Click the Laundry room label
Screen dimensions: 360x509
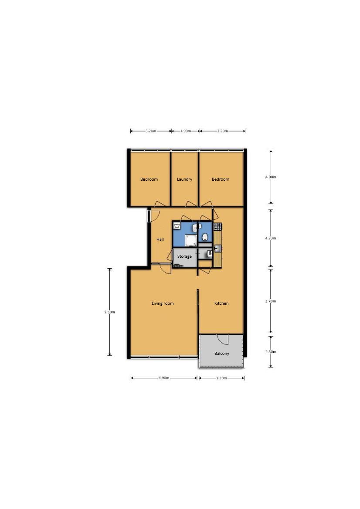[x=184, y=179]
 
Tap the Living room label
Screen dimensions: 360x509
[x=163, y=303]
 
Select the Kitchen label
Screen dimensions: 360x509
[x=221, y=303]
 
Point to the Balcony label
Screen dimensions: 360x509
[x=221, y=354]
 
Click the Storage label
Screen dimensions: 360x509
[x=184, y=256]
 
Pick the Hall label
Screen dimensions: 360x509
[x=160, y=239]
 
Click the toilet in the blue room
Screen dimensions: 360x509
[x=205, y=237]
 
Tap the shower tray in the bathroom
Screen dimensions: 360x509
[x=191, y=240]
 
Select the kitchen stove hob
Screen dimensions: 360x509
[x=217, y=226]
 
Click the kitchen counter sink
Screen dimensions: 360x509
[x=217, y=249]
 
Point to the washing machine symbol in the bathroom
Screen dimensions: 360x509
[x=177, y=225]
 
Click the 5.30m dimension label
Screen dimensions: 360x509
[x=109, y=312]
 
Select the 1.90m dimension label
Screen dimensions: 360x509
[x=185, y=131]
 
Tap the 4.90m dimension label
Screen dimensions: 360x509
[x=164, y=378]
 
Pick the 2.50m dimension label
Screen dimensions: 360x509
[x=271, y=351]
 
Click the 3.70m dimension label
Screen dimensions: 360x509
[x=271, y=301]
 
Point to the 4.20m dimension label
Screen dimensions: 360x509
[x=271, y=238]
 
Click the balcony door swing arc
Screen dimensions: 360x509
[x=223, y=340]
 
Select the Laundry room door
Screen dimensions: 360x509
[x=191, y=203]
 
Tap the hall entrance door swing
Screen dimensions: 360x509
[x=154, y=216]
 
